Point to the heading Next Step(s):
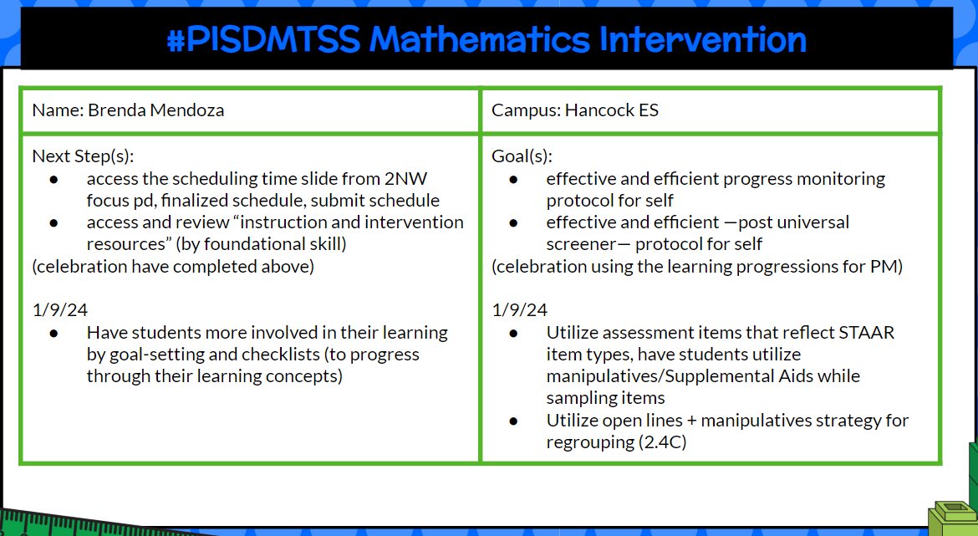pos(83,156)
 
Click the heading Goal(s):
pos(522,156)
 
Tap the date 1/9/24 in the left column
pos(59,309)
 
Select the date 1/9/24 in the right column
pos(519,309)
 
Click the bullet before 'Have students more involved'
pos(54,333)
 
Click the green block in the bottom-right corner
pos(955,514)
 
